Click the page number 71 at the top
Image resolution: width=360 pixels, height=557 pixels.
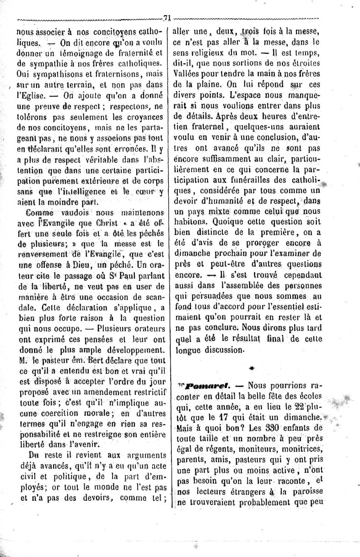click(x=167, y=18)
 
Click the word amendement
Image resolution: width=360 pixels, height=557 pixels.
click(x=97, y=391)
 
